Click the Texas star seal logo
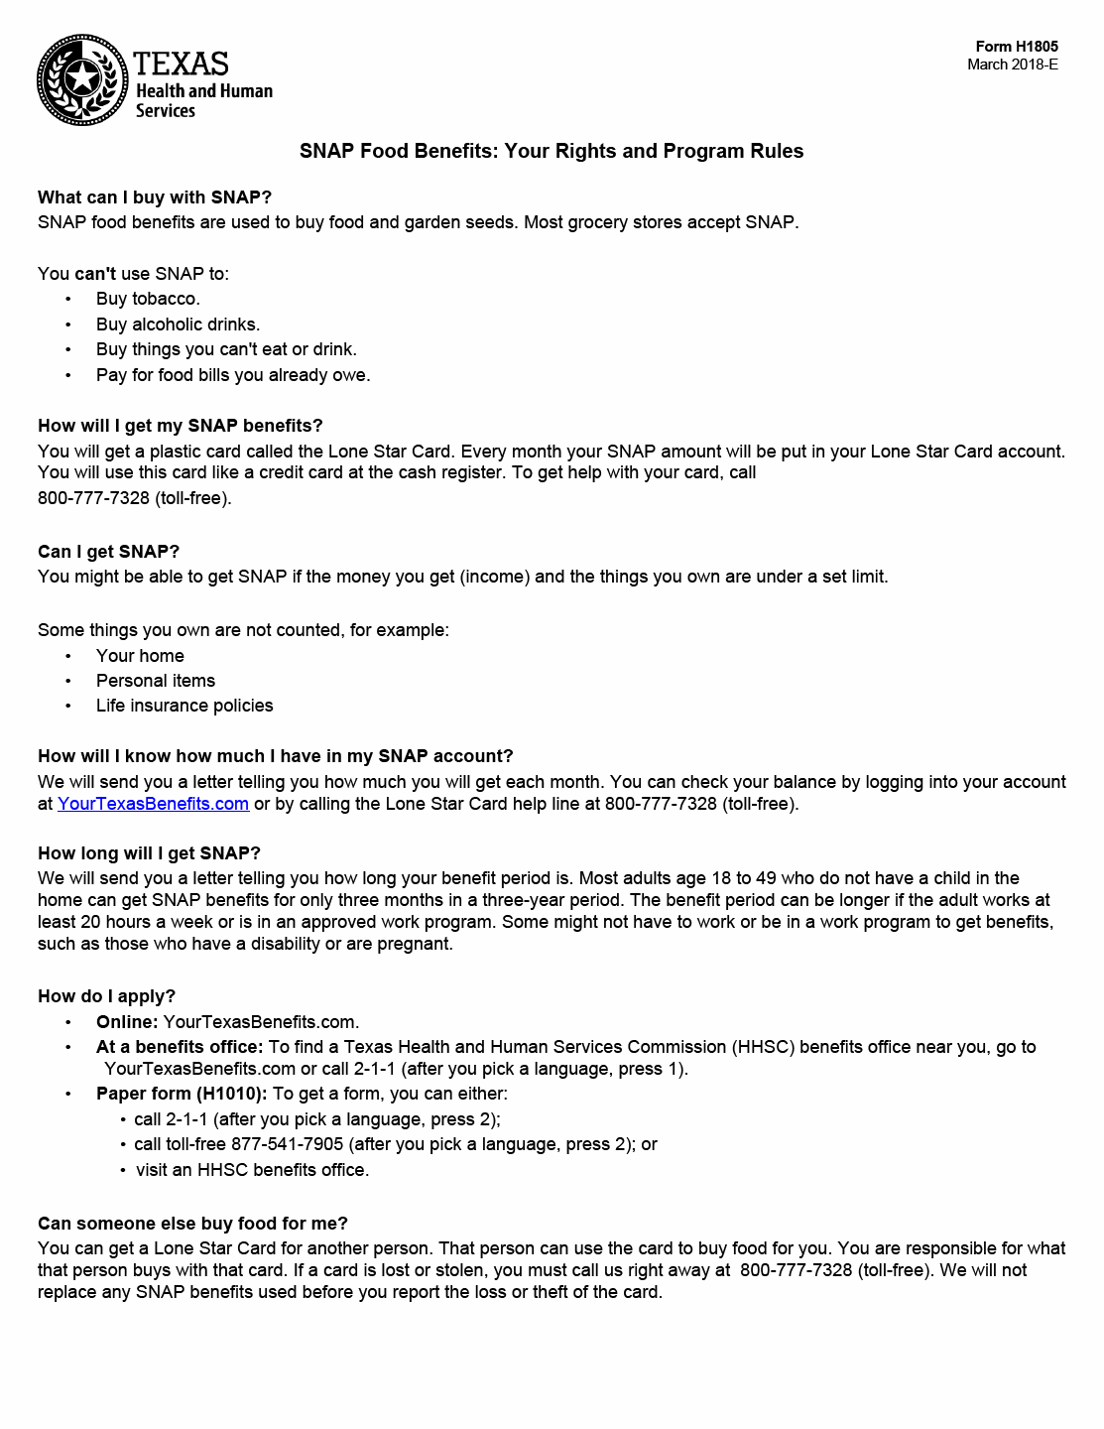click(82, 80)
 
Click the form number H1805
click(1016, 47)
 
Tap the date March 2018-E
click(1012, 65)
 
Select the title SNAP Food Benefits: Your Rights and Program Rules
click(552, 151)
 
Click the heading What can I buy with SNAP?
click(155, 197)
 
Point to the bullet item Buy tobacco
click(148, 299)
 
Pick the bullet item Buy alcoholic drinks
click(178, 325)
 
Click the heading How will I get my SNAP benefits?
click(181, 426)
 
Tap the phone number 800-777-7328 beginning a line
click(93, 498)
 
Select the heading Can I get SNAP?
click(108, 552)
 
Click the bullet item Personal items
click(156, 681)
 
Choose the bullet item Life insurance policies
click(184, 706)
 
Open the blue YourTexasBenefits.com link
click(153, 804)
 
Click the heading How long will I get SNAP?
click(149, 853)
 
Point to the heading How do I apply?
click(106, 996)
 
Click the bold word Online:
click(127, 1022)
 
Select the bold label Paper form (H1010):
click(182, 1094)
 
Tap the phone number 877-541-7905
click(287, 1144)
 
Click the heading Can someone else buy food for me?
click(192, 1224)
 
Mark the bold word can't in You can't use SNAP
click(95, 274)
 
